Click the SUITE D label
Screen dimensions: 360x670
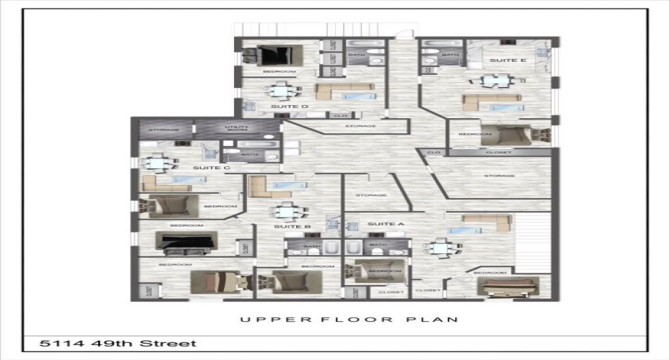click(290, 107)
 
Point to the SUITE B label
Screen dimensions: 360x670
click(292, 227)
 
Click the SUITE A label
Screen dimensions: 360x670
click(386, 224)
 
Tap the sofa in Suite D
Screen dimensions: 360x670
click(344, 91)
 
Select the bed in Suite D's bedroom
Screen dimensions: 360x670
click(277, 55)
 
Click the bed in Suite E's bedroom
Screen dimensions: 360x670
click(509, 135)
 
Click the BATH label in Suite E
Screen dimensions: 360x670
click(450, 55)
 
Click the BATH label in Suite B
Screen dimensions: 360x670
click(312, 246)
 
